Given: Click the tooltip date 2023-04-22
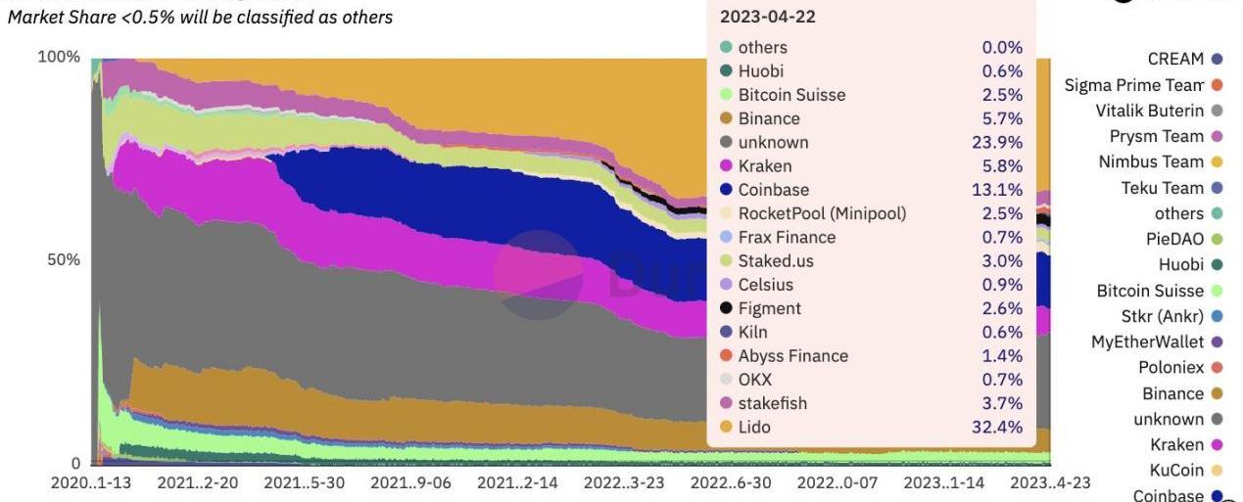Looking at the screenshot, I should tap(768, 17).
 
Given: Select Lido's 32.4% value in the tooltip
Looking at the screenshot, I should tap(1001, 428).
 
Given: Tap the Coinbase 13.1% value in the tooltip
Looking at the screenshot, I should tap(1001, 190).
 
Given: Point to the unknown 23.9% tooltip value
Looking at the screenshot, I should tap(1001, 143).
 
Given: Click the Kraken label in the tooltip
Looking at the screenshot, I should tap(765, 166).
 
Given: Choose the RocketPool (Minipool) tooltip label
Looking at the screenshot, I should tap(822, 213).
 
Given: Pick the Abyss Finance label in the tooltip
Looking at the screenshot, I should tap(792, 356).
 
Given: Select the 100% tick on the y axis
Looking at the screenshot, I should tap(59, 57).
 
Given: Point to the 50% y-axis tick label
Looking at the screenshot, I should tap(63, 260).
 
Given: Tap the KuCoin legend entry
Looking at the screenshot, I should tap(1176, 471).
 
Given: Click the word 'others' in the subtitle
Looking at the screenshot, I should tap(363, 18).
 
